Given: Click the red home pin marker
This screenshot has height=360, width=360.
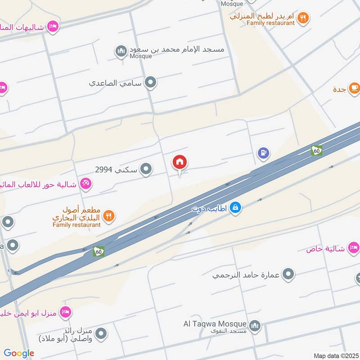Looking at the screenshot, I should coord(180,162).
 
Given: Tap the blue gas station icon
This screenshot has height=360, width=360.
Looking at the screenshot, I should coord(263,153).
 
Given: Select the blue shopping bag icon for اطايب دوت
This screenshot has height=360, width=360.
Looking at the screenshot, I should coord(235,207).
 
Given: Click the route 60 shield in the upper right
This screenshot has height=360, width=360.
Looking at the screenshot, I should coord(317,151).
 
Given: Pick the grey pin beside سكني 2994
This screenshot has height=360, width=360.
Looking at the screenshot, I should coord(146,169).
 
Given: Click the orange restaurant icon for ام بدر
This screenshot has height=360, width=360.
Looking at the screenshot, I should coord(304,17).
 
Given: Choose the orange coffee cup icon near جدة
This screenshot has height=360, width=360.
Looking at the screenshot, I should coord(354,88).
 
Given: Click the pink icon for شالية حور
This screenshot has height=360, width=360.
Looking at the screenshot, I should coord(85,183).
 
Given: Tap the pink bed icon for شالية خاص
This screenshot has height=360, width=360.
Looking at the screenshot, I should coord(354,247).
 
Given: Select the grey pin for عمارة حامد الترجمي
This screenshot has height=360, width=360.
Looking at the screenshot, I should coord(288,274).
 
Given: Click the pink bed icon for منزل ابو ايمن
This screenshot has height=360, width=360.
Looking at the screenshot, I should coord(65,311).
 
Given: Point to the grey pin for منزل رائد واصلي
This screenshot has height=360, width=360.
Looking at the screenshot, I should coord(102,333).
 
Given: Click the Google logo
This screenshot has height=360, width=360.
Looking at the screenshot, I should coord(19,353).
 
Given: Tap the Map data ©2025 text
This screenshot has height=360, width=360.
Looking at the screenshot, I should coord(335,355).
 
